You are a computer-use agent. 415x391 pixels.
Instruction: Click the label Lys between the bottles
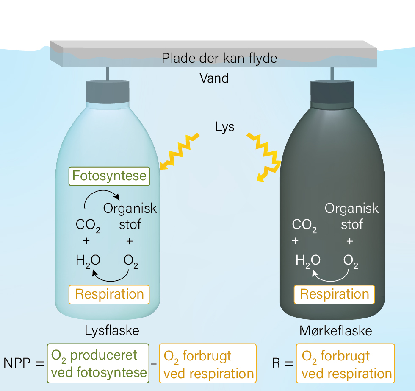(x=224, y=127)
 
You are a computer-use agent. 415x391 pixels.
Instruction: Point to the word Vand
(x=214, y=78)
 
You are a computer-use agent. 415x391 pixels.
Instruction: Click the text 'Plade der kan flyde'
(x=219, y=59)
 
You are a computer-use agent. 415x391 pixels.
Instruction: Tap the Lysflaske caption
(x=112, y=331)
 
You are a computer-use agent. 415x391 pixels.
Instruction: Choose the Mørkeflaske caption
(x=335, y=331)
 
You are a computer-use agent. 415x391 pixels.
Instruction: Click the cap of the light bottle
(x=108, y=92)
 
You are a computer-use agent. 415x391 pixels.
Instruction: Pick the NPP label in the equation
(x=17, y=363)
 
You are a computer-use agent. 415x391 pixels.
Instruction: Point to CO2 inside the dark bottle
(x=304, y=225)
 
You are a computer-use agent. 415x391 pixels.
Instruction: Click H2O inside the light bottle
(x=88, y=261)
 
